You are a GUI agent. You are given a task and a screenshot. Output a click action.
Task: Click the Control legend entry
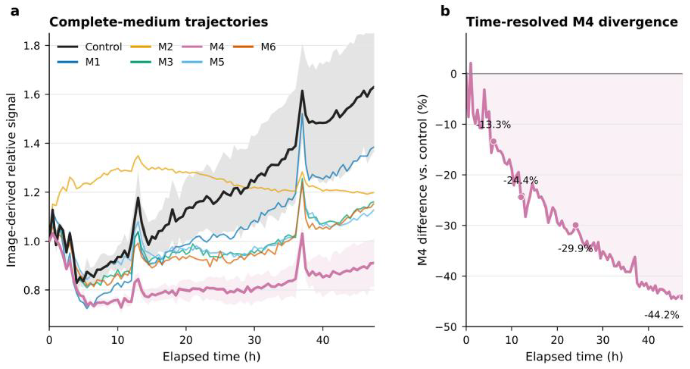(x=90, y=47)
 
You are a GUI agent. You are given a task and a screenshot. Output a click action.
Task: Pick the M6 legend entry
(x=254, y=47)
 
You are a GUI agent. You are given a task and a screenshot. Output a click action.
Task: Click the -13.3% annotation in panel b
(x=494, y=125)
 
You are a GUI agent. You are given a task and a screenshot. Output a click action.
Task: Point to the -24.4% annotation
(x=521, y=181)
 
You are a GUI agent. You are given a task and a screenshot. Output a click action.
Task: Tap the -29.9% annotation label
(x=575, y=249)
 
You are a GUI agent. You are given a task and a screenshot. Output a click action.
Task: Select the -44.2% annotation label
(x=662, y=315)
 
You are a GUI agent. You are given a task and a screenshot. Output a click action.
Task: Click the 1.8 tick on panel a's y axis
(x=32, y=46)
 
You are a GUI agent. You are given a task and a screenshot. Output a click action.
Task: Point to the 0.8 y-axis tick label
(x=32, y=290)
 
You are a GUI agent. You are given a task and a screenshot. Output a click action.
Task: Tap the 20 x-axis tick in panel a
(x=186, y=340)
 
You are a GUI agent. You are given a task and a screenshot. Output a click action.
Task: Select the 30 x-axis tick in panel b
(x=603, y=340)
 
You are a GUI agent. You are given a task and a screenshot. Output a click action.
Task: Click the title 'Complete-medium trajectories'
(x=159, y=22)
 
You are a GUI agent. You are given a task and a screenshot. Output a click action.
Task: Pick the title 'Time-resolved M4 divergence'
(x=572, y=22)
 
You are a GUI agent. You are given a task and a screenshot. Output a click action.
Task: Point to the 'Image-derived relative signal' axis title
(x=11, y=180)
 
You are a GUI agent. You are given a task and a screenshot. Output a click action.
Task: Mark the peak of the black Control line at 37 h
(x=302, y=91)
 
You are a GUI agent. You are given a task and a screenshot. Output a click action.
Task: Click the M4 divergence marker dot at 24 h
(x=575, y=225)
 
